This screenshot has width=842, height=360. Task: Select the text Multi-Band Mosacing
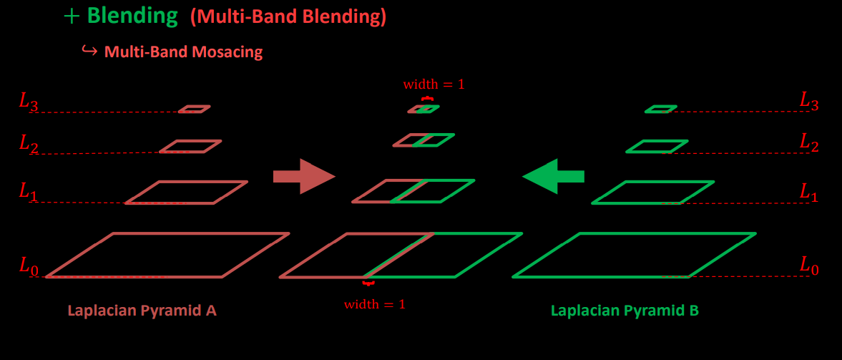coord(183,52)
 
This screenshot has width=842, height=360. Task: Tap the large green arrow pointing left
coord(554,176)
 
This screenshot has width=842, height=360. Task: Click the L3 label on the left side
coord(28,102)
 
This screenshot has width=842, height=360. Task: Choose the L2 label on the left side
coord(28,145)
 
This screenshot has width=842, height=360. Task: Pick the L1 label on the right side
coord(809,192)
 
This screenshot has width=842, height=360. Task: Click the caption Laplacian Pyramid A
coord(142,311)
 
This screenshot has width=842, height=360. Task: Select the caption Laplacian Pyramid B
coord(625,311)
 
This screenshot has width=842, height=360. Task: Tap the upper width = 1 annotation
coord(434,84)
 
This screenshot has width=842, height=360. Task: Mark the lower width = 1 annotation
coord(374,304)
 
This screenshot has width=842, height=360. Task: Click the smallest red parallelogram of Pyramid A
coord(194,110)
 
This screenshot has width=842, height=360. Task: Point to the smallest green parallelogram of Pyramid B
coord(660,110)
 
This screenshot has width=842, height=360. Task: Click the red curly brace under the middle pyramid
coord(369,284)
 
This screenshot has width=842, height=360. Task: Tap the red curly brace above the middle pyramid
coord(427,99)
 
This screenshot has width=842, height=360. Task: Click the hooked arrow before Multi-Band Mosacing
coord(89,51)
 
